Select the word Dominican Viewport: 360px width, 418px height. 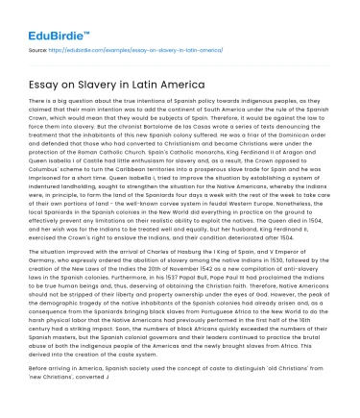click(307, 135)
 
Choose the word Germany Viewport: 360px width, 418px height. click(44, 260)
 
